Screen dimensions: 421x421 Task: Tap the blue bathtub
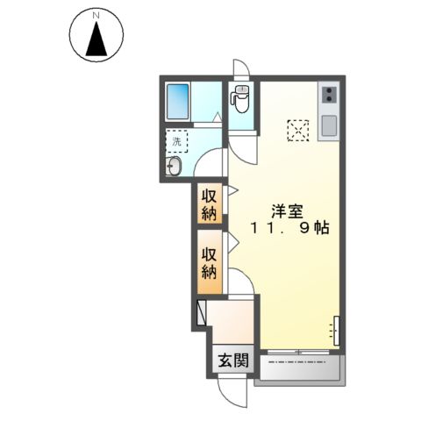click(x=179, y=100)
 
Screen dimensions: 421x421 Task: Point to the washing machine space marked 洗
click(x=177, y=140)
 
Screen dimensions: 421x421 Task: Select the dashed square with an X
click(x=298, y=129)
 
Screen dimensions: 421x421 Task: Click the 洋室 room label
click(x=286, y=210)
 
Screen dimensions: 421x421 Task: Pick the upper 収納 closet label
click(x=209, y=205)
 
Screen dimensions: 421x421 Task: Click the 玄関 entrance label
click(x=232, y=360)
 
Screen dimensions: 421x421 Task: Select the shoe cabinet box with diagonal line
click(x=203, y=311)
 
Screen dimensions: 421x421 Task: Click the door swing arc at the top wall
click(x=241, y=70)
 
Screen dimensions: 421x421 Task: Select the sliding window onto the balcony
click(x=299, y=353)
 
